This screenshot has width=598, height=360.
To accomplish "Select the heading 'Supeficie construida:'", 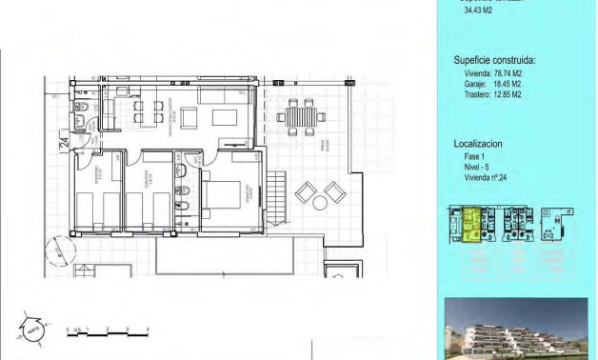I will click(x=494, y=59).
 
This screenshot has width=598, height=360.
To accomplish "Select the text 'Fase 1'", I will click(x=474, y=156).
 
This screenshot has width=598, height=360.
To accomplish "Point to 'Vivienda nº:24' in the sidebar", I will click(x=487, y=178).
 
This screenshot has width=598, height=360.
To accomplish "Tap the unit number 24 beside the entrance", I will click(x=64, y=144).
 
